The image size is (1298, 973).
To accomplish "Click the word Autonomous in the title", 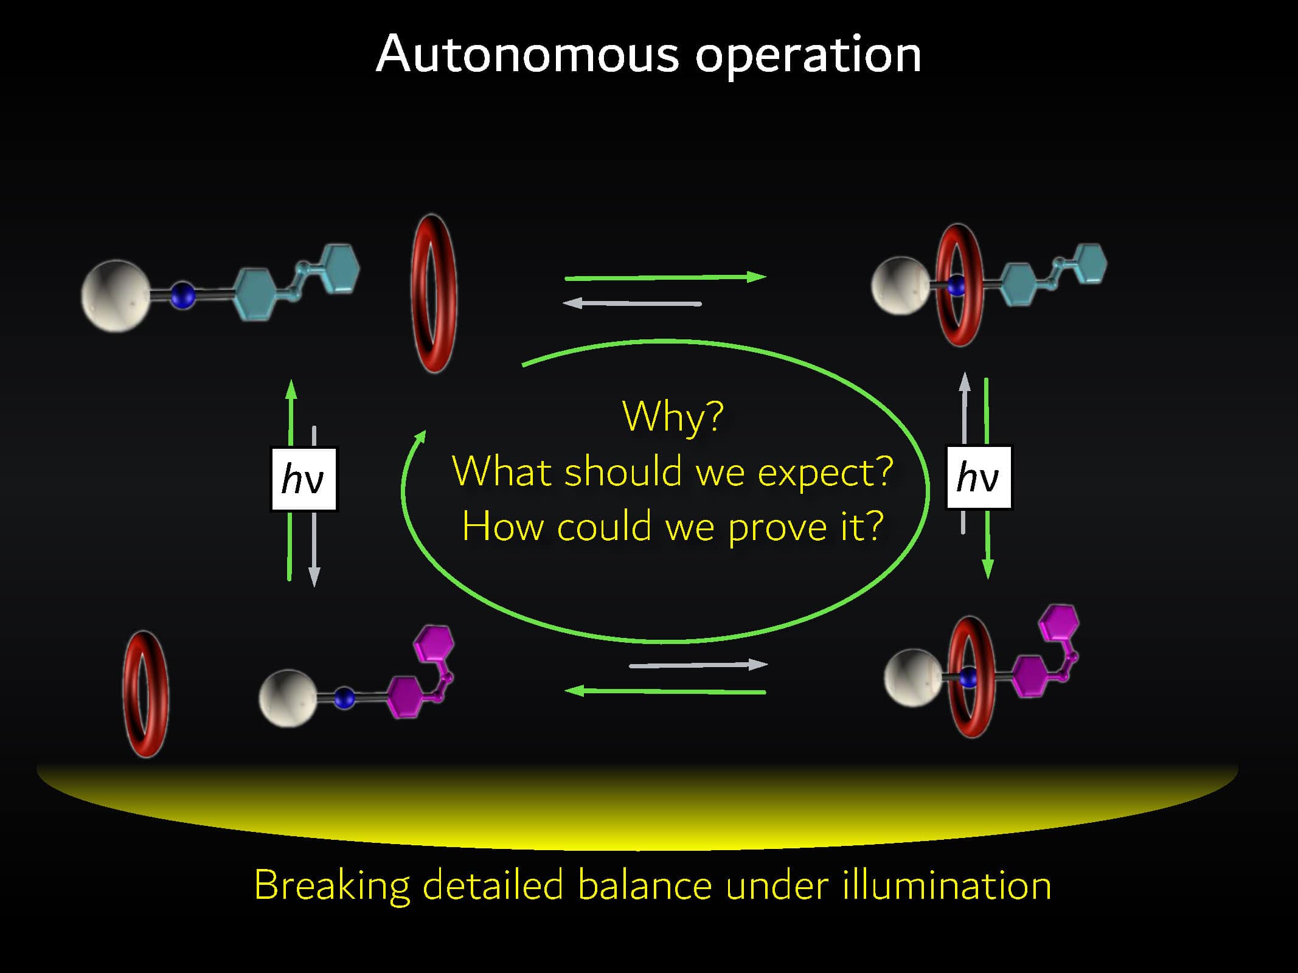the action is pyautogui.click(x=527, y=55).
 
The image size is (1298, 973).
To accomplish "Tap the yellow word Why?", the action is pyautogui.click(x=673, y=417).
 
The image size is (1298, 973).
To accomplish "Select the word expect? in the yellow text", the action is pyautogui.click(x=825, y=473).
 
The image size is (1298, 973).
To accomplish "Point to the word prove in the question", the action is pyautogui.click(x=777, y=527).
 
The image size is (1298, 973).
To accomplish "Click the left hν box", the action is pyautogui.click(x=304, y=479).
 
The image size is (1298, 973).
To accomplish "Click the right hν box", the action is pyautogui.click(x=979, y=477).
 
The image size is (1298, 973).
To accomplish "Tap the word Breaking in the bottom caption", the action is pyautogui.click(x=332, y=886).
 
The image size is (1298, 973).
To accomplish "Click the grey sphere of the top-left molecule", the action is pyautogui.click(x=116, y=296).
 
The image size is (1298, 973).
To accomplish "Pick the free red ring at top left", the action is pyautogui.click(x=434, y=293).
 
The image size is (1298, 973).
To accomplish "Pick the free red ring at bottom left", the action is pyautogui.click(x=146, y=694).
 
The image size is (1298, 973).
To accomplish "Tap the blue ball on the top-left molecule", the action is pyautogui.click(x=182, y=296).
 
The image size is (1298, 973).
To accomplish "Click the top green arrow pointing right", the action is pyautogui.click(x=665, y=277).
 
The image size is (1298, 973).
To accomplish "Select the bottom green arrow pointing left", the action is pyautogui.click(x=665, y=691).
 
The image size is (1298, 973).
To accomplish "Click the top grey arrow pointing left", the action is pyautogui.click(x=631, y=303).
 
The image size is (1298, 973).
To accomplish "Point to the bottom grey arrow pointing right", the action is pyautogui.click(x=698, y=665).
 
